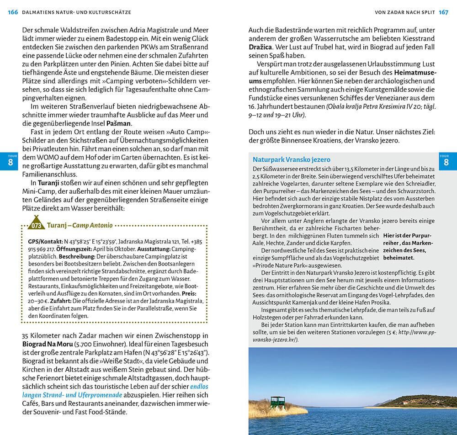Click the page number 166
(x=13, y=12)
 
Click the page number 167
(x=443, y=12)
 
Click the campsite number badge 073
(x=36, y=226)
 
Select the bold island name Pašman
(x=119, y=123)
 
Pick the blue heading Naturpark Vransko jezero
(x=291, y=159)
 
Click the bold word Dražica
(x=260, y=48)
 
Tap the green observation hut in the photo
(x=277, y=402)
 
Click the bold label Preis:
(x=190, y=293)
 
